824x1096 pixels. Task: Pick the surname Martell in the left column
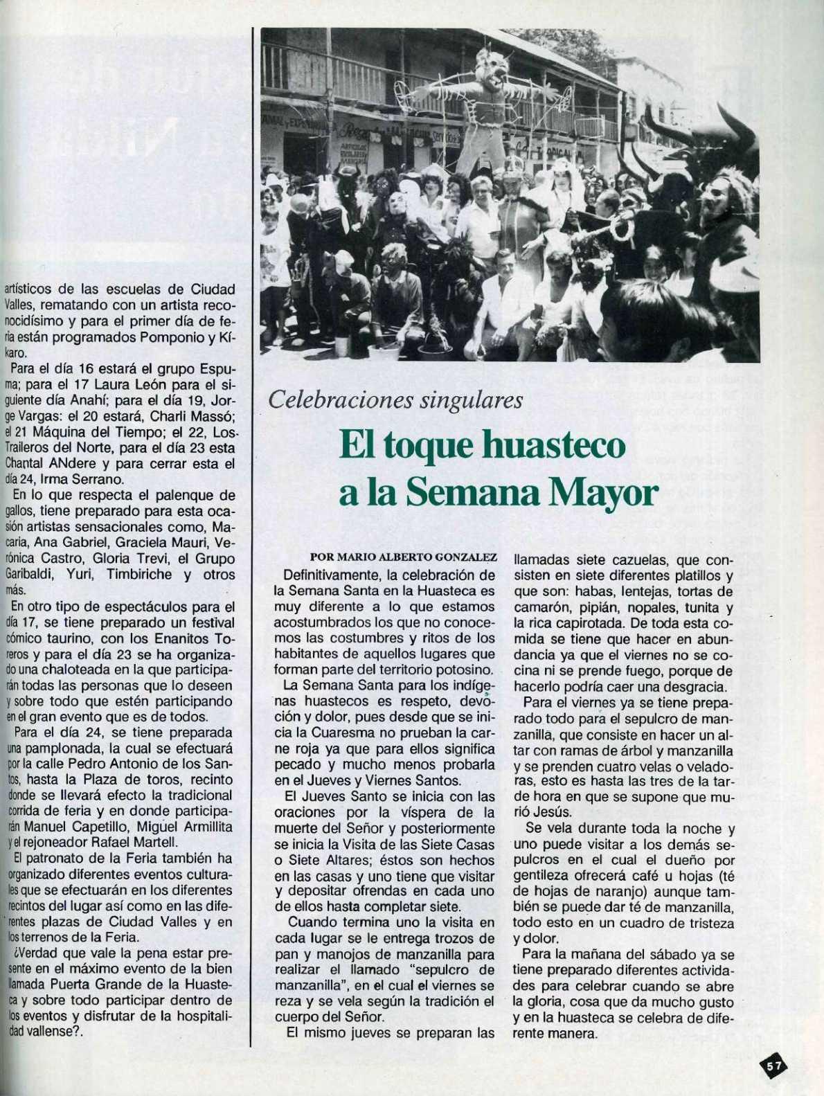point(157,842)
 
